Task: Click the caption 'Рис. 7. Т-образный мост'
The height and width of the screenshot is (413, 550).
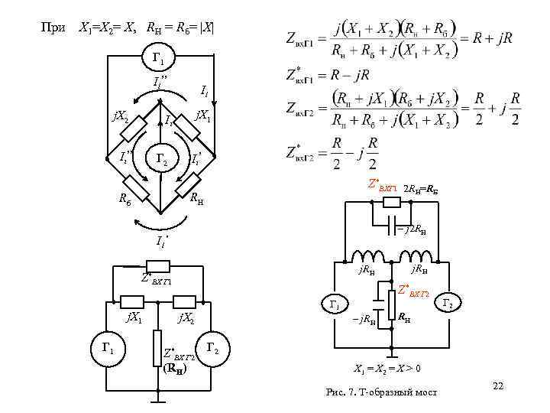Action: coord(381,392)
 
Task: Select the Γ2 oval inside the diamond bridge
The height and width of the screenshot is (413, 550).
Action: coord(160,159)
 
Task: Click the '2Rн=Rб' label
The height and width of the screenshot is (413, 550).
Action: coord(420,187)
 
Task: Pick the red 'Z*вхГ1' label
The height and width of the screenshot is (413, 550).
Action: coord(383,184)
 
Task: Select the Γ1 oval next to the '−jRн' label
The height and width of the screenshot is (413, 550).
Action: coord(335,304)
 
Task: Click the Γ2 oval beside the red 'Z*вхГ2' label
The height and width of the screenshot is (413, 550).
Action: coord(448,304)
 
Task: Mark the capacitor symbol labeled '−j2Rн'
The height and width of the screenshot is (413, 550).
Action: coord(392,227)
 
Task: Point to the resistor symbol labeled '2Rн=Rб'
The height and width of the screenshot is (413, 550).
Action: coord(391,203)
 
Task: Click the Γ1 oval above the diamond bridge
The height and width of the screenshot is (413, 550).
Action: coord(160,57)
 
